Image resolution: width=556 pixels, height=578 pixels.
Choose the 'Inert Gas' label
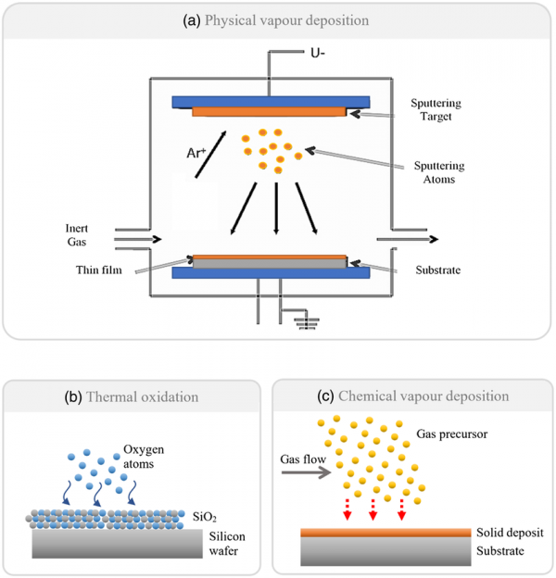[x=80, y=235]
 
